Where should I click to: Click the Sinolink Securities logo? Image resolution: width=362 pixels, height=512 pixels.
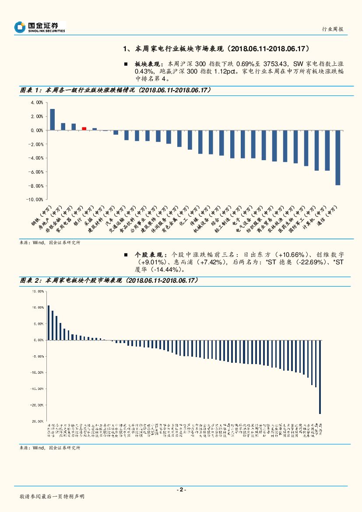[x=39, y=27]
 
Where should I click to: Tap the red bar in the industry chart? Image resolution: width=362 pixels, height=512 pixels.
[x=84, y=129]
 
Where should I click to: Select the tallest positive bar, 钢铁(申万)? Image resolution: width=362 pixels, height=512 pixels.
[x=52, y=119]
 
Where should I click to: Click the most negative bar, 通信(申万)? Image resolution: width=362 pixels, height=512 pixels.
[x=337, y=158]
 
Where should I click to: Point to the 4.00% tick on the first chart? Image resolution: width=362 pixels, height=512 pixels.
[x=37, y=102]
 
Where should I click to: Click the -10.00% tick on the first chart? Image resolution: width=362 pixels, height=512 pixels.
[x=36, y=200]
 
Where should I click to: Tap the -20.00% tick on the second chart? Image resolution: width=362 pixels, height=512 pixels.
[x=38, y=405]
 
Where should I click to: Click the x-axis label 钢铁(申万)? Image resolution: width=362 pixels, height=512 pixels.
[x=42, y=215]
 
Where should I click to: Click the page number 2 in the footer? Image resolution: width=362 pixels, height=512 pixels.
[x=181, y=490]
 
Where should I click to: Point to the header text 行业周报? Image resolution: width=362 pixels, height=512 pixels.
[x=332, y=29]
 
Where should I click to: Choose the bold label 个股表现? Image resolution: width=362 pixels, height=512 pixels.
[x=145, y=254]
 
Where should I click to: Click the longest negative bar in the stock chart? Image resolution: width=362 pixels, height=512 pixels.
[x=320, y=377]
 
